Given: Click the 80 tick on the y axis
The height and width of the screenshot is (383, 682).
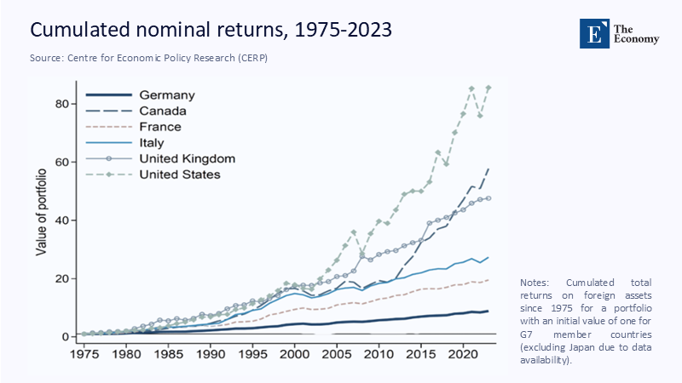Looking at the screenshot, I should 58,104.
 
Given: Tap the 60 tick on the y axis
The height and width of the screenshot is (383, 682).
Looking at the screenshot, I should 58,162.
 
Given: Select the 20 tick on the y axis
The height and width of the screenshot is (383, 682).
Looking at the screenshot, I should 58,278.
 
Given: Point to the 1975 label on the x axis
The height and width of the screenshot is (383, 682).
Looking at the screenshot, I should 84,353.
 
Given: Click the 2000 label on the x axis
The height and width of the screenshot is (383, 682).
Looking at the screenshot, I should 294,353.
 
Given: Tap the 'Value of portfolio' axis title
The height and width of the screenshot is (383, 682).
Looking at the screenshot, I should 40,210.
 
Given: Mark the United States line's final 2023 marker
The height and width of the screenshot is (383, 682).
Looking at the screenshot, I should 488,88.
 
